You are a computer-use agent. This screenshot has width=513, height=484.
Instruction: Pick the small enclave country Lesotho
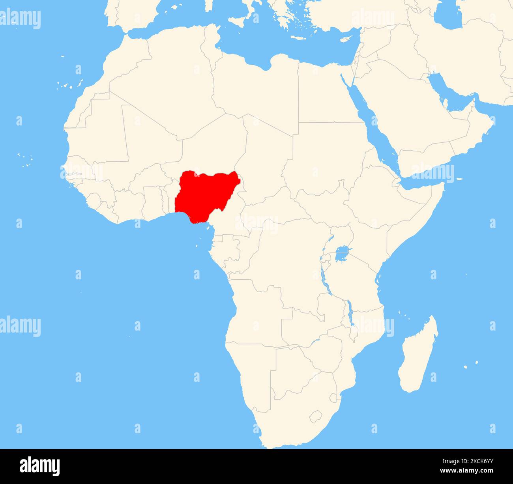[x=316, y=416]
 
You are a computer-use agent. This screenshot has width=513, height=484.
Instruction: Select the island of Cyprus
[x=346, y=39]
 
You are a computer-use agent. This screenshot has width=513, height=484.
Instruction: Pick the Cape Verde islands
[x=25, y=159]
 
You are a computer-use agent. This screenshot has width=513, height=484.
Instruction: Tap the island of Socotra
[x=459, y=180]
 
